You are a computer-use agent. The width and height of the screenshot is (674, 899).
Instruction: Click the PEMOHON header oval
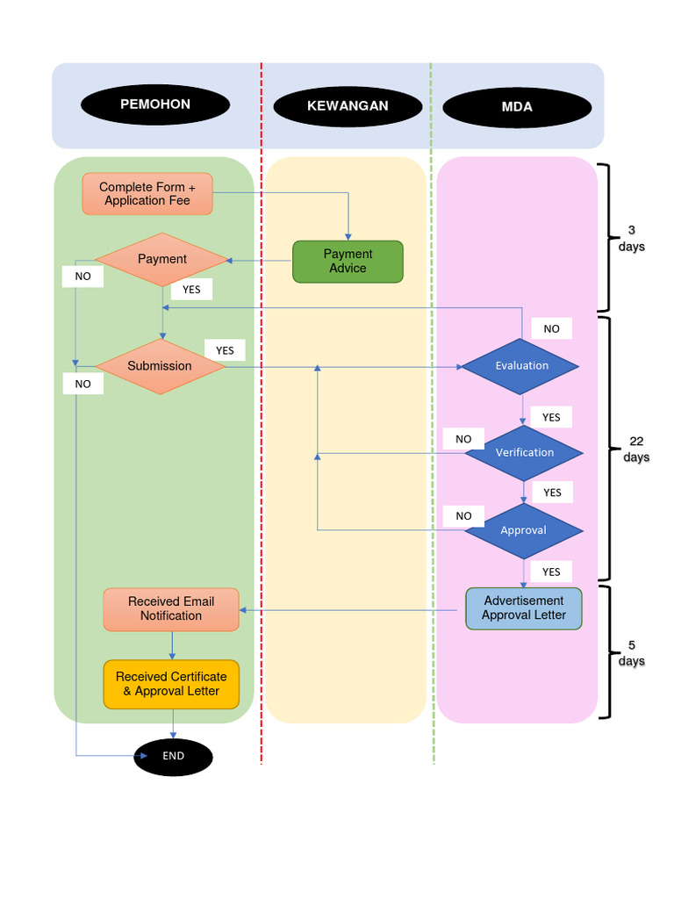pos(155,104)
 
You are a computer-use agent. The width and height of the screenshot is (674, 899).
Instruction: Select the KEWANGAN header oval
pos(348,106)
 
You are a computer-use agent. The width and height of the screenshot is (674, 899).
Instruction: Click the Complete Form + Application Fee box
pos(147,194)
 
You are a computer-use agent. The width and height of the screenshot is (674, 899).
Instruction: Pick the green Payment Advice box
pos(348,262)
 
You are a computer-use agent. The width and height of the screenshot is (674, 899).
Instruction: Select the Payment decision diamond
pos(161,259)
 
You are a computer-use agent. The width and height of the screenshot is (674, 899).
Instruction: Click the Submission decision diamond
pos(160,366)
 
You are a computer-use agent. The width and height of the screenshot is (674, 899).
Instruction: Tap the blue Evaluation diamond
pos(521,366)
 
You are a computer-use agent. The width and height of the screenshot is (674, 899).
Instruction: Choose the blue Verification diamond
pos(524,453)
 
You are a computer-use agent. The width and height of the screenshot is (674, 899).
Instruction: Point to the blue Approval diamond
pos(523,530)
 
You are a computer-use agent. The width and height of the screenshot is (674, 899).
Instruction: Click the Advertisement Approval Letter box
pos(524,608)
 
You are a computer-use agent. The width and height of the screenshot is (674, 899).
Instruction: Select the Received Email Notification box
pos(171,609)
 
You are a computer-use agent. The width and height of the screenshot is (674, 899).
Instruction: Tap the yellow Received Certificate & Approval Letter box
pos(171,684)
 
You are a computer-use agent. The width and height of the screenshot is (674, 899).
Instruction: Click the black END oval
pos(173,756)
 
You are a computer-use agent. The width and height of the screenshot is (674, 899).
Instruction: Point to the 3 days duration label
pos(631,239)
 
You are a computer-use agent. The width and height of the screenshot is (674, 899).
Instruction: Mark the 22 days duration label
pos(636,449)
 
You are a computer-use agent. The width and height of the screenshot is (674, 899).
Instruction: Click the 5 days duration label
pos(631,653)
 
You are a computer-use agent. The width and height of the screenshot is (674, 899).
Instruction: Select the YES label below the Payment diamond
pos(191,290)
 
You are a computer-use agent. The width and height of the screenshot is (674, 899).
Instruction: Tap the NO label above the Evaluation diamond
pos(551,329)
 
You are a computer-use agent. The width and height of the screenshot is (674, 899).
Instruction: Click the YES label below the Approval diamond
pos(551,572)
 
